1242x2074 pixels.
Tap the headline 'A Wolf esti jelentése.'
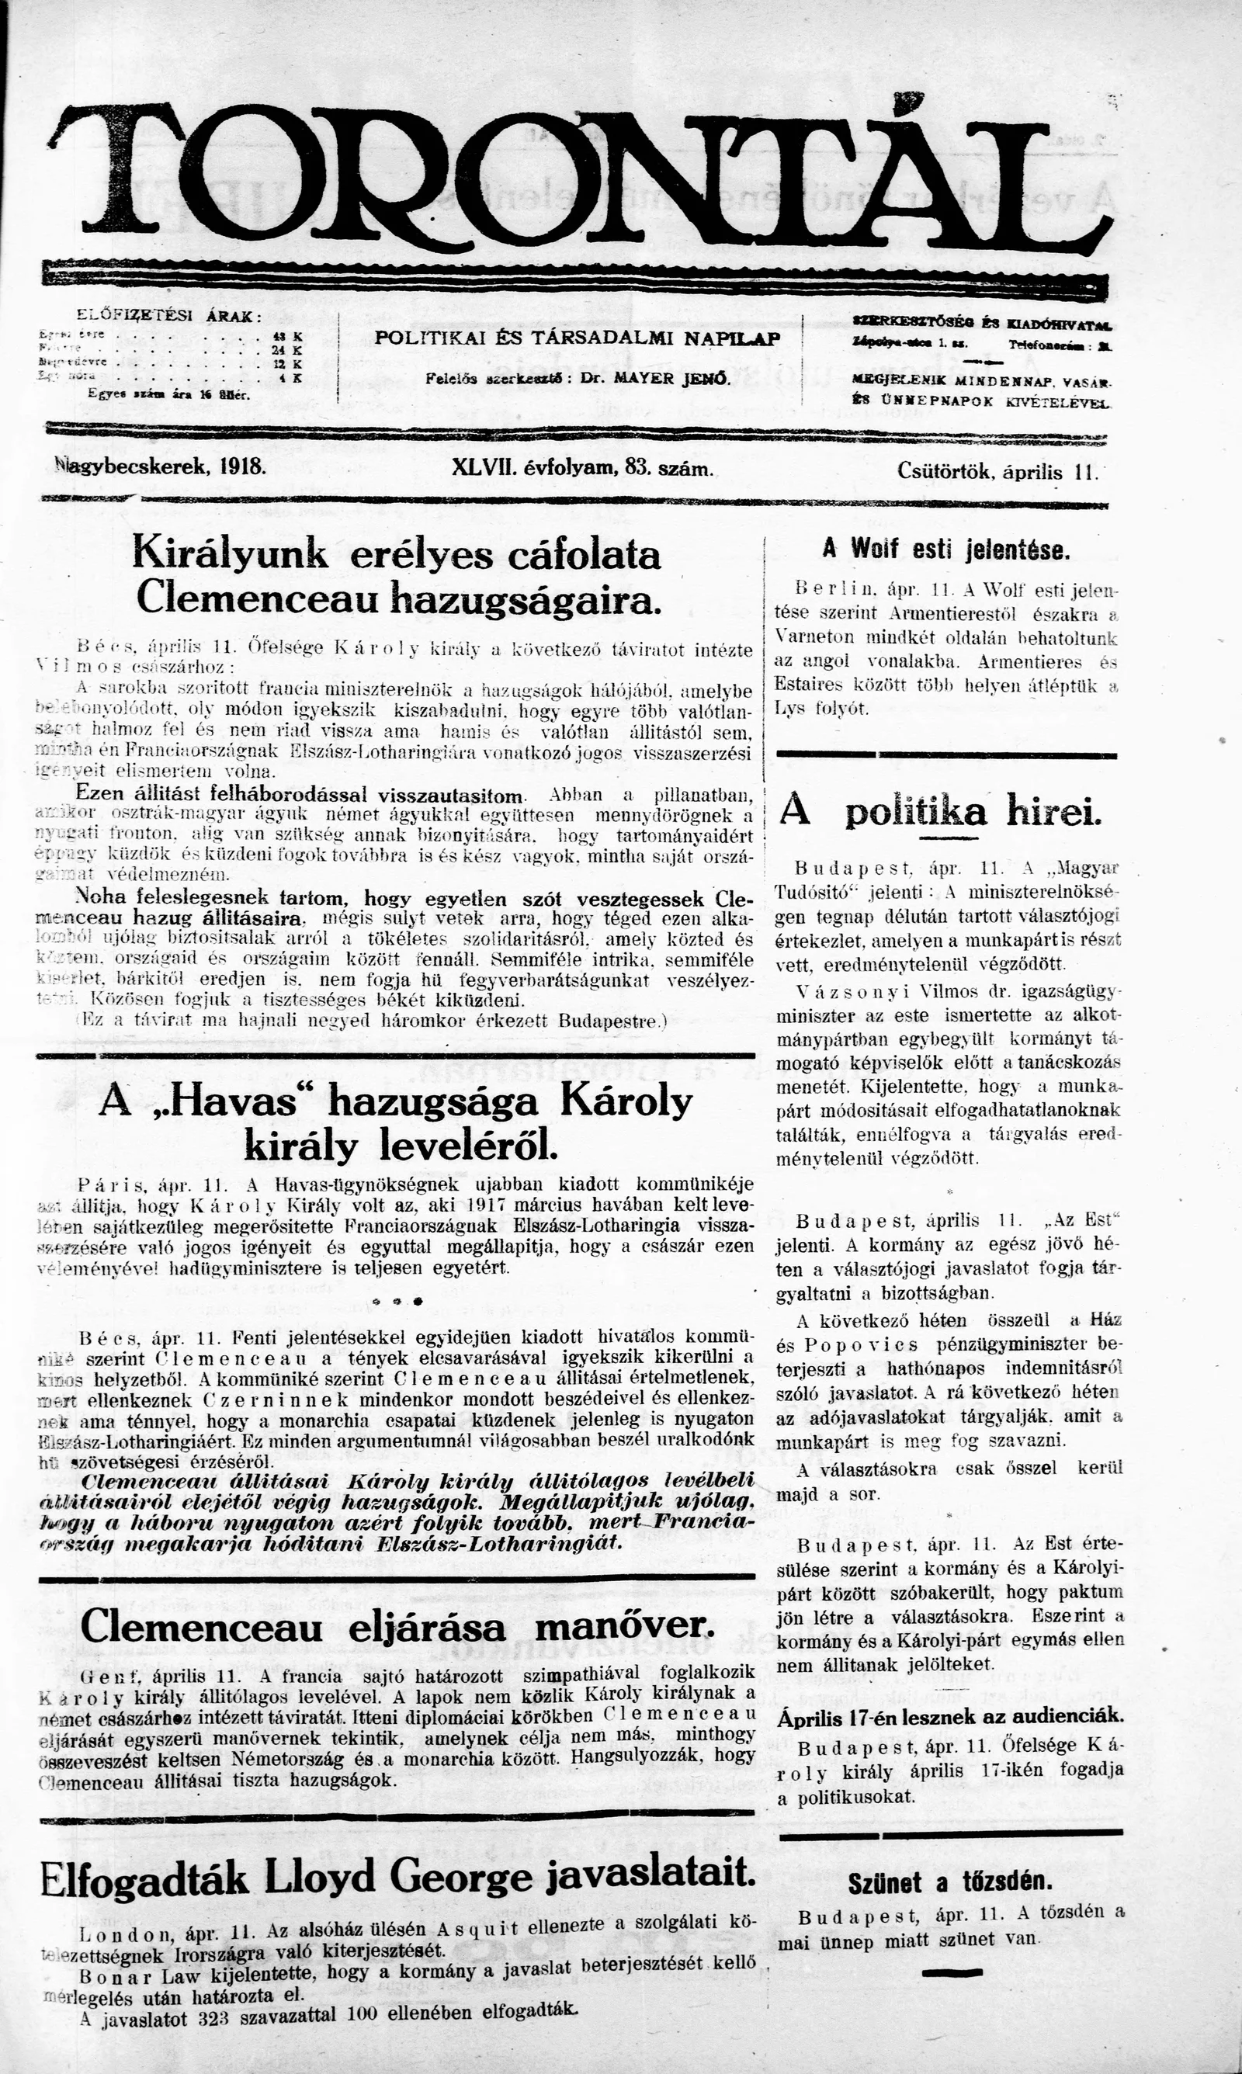point(945,550)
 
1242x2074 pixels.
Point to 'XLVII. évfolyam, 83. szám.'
point(581,469)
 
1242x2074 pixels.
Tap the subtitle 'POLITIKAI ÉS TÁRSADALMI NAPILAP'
point(577,338)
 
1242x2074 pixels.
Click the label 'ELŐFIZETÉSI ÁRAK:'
point(168,316)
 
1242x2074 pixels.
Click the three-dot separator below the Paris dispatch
point(397,1301)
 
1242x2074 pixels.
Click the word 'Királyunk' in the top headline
point(230,555)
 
